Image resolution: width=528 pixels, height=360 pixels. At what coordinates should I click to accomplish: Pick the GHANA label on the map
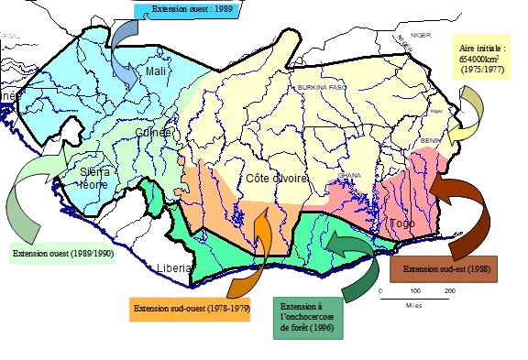[350, 174]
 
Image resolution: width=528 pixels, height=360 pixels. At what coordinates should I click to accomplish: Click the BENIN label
[431, 141]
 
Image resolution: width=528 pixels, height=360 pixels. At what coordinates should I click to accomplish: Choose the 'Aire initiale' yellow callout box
[485, 57]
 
